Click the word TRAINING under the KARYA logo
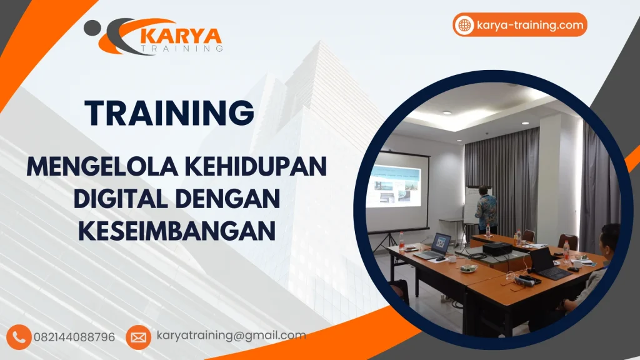point(181,48)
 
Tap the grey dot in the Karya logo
point(91,26)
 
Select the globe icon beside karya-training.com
point(464,25)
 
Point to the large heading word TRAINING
point(169,113)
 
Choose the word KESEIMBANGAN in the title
point(177,231)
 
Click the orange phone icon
point(21,337)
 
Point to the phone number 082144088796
point(79,337)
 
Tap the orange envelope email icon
point(138,337)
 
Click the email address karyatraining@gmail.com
point(231,336)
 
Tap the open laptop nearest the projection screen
point(434,246)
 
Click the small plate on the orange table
point(468,268)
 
